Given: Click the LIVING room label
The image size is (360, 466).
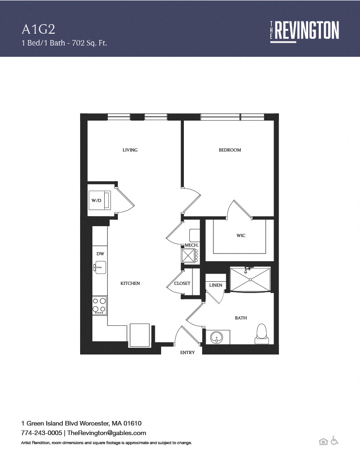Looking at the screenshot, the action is [130, 150].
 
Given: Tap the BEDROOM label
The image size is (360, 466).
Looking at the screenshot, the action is [230, 150].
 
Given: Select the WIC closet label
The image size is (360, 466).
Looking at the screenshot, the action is [241, 236].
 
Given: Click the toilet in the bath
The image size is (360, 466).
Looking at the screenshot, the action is [262, 334].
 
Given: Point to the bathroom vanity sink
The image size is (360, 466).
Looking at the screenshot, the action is [217, 337].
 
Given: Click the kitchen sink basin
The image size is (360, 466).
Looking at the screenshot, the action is [100, 268].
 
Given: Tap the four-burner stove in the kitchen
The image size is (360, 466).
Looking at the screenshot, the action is [100, 305].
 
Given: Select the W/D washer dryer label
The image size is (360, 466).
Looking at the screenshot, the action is [96, 201].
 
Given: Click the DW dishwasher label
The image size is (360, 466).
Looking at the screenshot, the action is [100, 254].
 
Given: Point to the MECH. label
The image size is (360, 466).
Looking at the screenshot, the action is [192, 245].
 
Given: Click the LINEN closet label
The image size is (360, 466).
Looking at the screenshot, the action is [216, 285].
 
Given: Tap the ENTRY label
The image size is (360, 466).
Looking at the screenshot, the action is [188, 353].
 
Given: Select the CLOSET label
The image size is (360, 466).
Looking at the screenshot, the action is [182, 284].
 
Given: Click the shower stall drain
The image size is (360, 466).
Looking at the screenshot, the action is [250, 280].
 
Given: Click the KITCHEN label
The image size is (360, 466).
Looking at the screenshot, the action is [130, 284].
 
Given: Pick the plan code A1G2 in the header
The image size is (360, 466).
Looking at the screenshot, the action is [38, 30].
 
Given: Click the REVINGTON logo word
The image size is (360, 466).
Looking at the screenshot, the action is [307, 30].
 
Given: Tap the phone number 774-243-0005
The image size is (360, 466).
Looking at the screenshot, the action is [41, 433].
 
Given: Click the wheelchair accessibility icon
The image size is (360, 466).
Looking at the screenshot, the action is [335, 441].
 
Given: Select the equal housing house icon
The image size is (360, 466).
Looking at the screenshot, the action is [323, 441].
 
